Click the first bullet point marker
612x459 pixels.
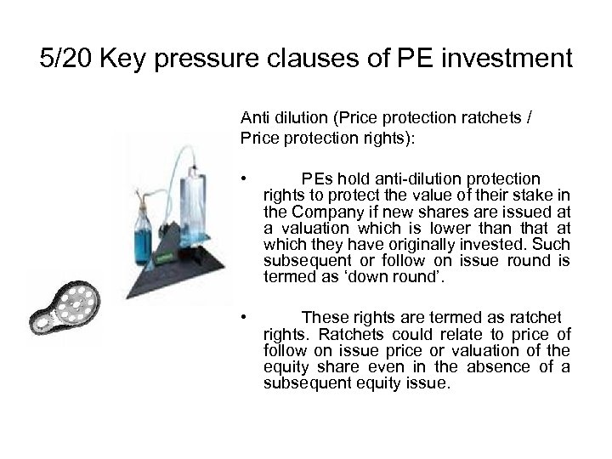tap(245, 178)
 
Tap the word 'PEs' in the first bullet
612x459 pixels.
tap(319, 178)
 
